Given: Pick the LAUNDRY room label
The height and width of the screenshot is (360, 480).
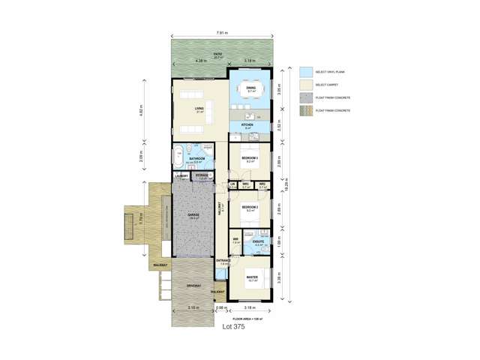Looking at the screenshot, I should coord(181,176).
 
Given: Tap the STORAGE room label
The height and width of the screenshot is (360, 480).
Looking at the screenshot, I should coord(202,176).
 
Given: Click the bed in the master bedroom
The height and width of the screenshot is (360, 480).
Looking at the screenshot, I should coord(251,288).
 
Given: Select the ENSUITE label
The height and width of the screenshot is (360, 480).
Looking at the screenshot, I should coord(258,241).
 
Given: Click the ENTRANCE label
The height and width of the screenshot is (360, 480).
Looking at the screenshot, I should coord(223,260).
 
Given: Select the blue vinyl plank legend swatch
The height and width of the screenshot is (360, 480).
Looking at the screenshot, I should coord(304,71).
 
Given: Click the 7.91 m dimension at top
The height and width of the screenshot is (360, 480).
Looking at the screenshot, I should coord(222,32).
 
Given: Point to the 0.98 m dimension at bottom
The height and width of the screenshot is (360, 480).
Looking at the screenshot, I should coord(220,307).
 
